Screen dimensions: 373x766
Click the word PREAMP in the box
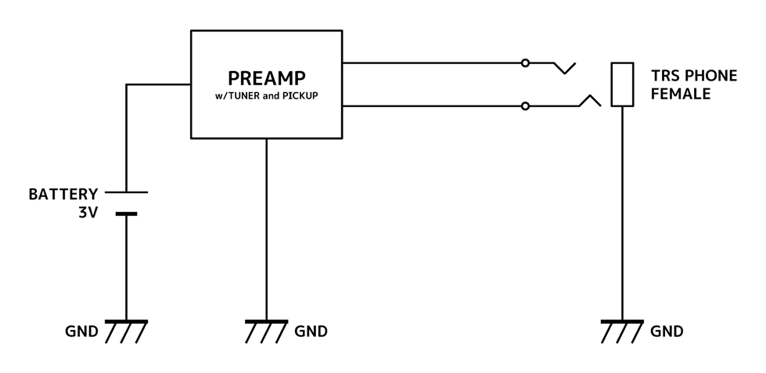click(x=266, y=79)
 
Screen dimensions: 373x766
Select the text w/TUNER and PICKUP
click(x=266, y=96)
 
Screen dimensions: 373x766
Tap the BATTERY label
click(x=63, y=194)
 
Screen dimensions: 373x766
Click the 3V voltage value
click(x=87, y=212)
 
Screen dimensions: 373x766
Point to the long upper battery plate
click(x=126, y=192)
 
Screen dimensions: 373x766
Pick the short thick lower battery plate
click(x=126, y=213)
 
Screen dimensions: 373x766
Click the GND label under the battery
click(x=81, y=332)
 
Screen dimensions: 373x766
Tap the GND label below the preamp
click(x=311, y=332)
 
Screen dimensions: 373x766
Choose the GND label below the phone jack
click(x=667, y=332)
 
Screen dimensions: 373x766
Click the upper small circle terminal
click(x=525, y=63)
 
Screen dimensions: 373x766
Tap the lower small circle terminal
click(x=525, y=106)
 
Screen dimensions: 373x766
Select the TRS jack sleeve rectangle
click(x=622, y=84)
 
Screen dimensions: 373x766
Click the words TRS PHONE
click(x=694, y=77)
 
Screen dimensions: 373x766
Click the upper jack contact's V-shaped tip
click(x=564, y=73)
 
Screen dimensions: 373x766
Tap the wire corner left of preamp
click(x=127, y=84)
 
